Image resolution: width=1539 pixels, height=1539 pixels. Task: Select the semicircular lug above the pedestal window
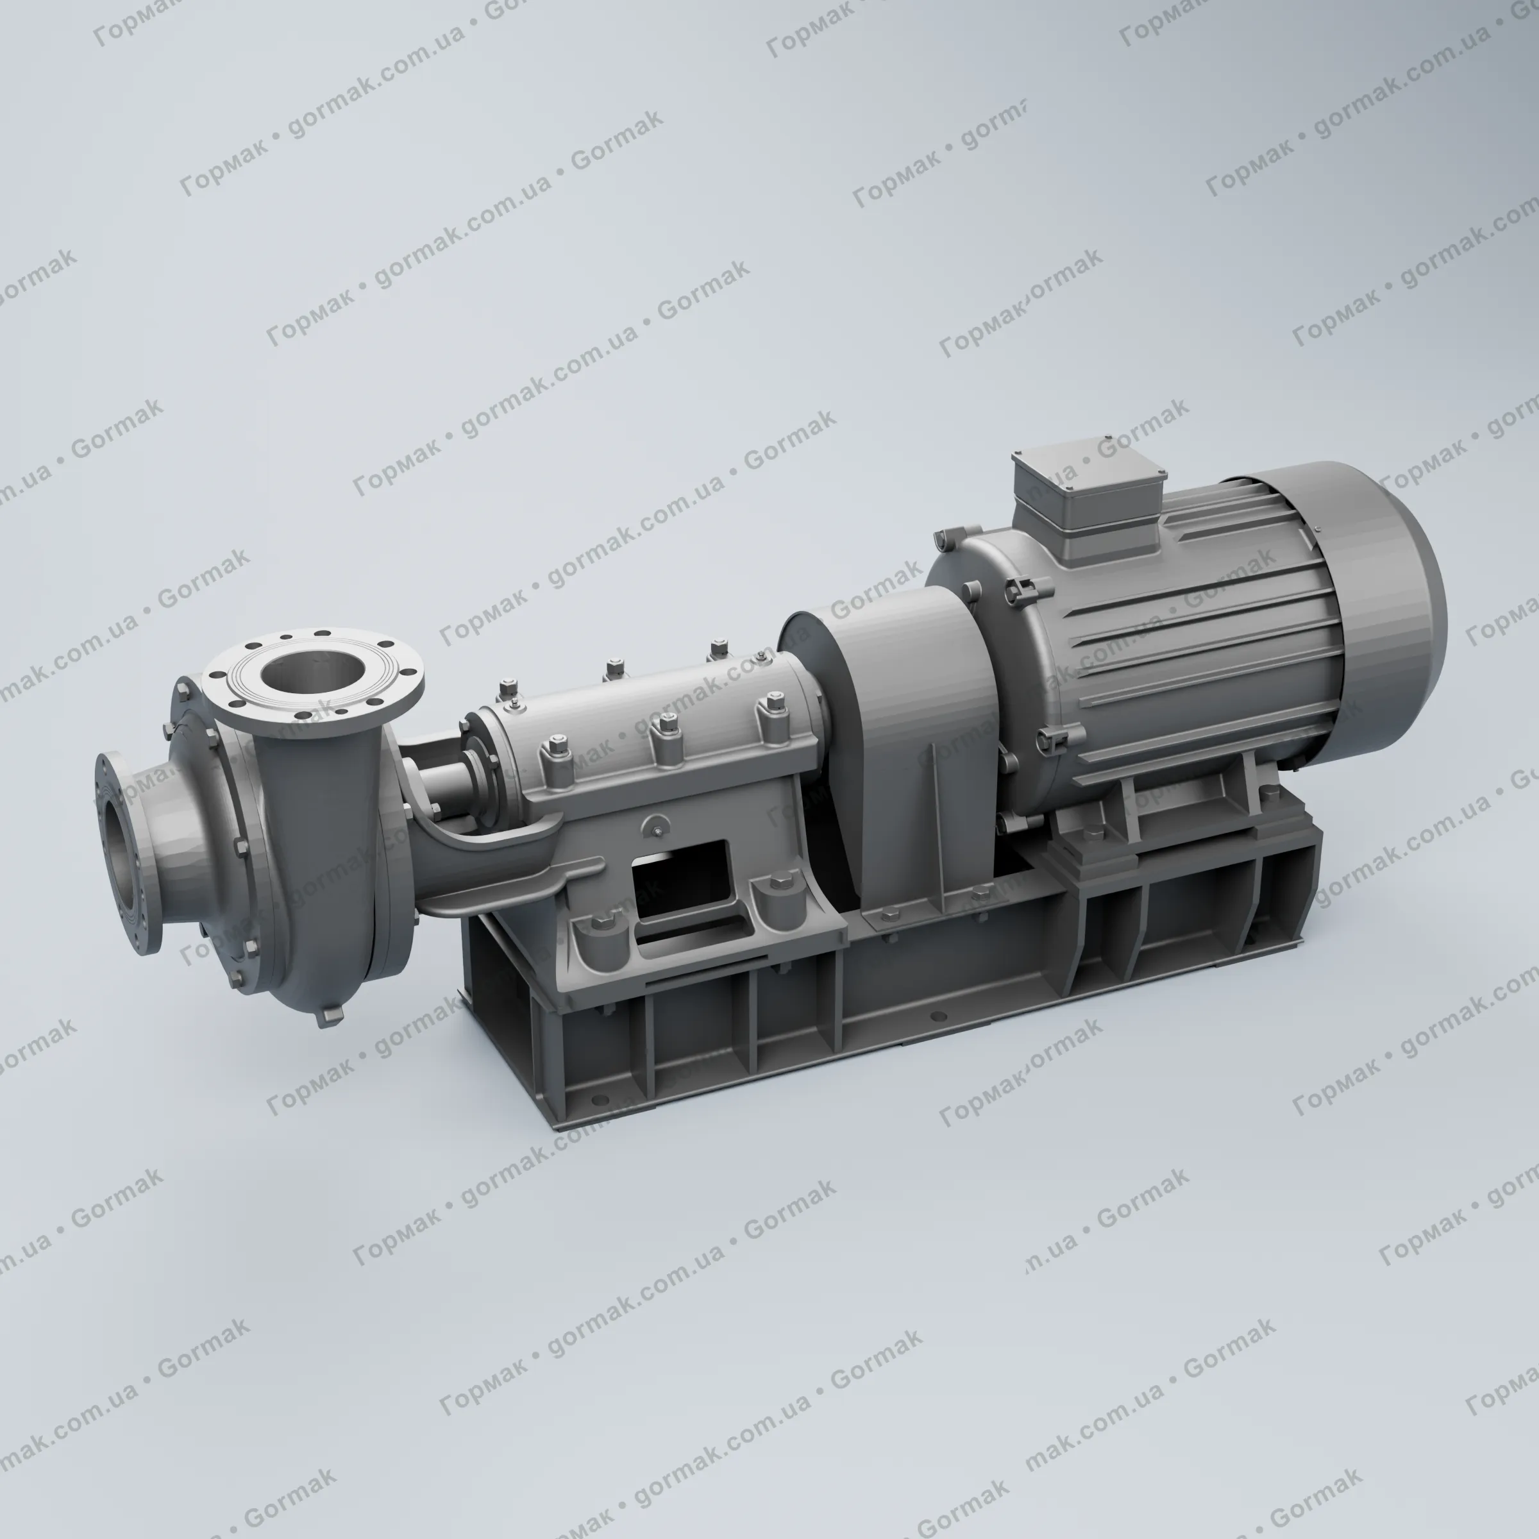(658, 825)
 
